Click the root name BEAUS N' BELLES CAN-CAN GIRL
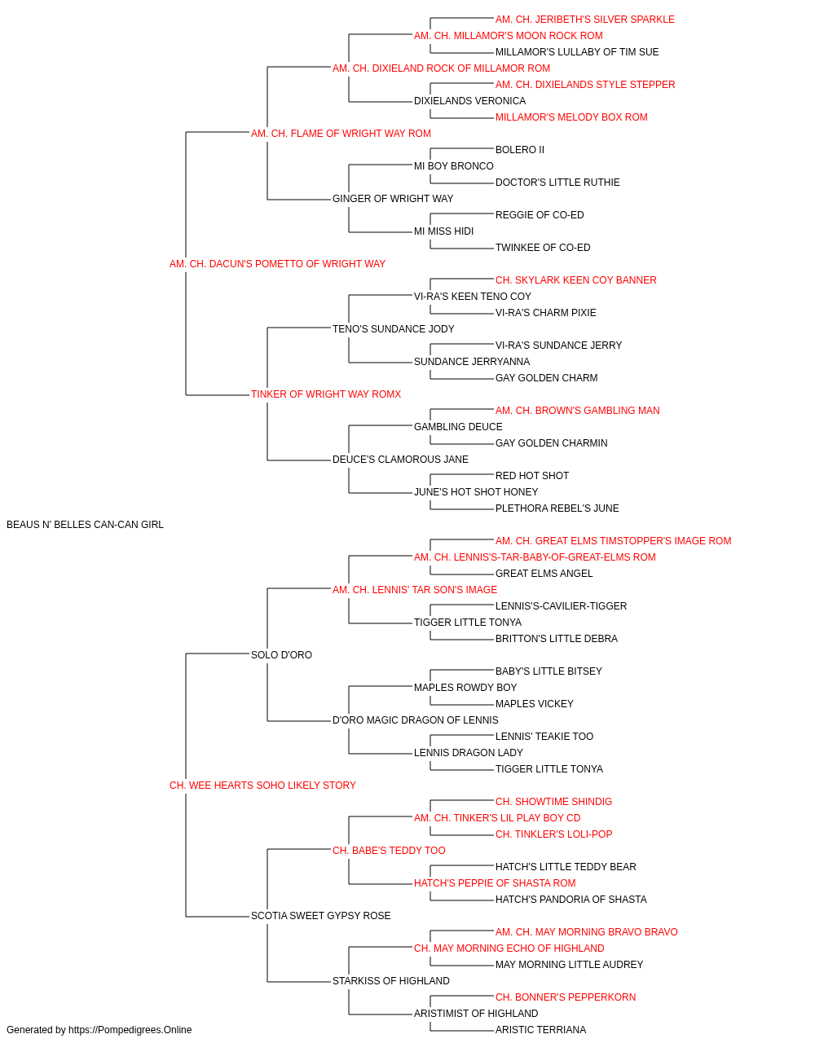pyautogui.click(x=85, y=525)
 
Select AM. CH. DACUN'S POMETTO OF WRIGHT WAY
pyautogui.click(x=277, y=264)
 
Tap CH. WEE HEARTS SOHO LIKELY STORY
pyautogui.click(x=262, y=786)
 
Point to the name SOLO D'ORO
pyautogui.click(x=281, y=654)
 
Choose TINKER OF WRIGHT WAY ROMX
pyautogui.click(x=326, y=394)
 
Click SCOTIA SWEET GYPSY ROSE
pyautogui.click(x=320, y=915)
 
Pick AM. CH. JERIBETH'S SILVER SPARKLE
pyautogui.click(x=584, y=20)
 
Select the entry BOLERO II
pyautogui.click(x=520, y=150)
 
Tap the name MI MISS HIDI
pyautogui.click(x=443, y=231)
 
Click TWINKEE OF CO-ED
pyautogui.click(x=543, y=248)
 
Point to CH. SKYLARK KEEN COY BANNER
pyautogui.click(x=576, y=280)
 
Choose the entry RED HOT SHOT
pyautogui.click(x=532, y=476)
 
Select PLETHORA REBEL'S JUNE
pyautogui.click(x=557, y=508)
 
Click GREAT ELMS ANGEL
pyautogui.click(x=544, y=574)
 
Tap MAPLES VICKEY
pyautogui.click(x=534, y=704)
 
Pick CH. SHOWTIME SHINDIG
pyautogui.click(x=553, y=802)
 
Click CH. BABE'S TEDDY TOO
pyautogui.click(x=389, y=851)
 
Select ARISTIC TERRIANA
pyautogui.click(x=540, y=1030)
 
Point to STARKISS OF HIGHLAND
pyautogui.click(x=391, y=980)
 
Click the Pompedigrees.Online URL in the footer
pyautogui.click(x=130, y=1030)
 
